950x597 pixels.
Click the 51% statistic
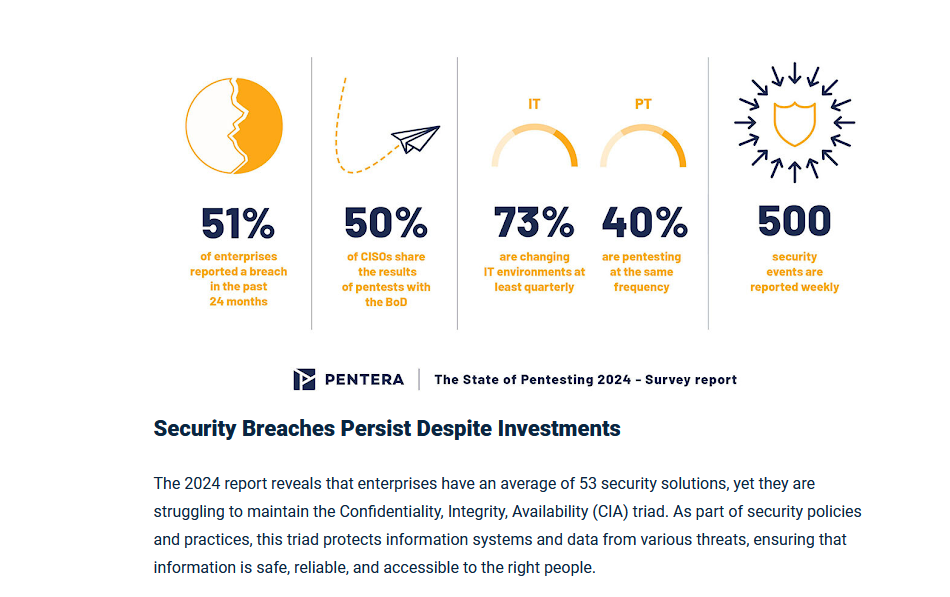pyautogui.click(x=237, y=223)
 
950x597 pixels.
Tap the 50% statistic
pyautogui.click(x=385, y=223)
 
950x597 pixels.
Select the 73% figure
pyautogui.click(x=534, y=223)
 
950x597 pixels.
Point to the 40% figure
pyautogui.click(x=644, y=223)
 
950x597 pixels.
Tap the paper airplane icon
pyautogui.click(x=415, y=138)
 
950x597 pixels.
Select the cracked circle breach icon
pyautogui.click(x=234, y=126)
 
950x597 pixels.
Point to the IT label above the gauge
pyautogui.click(x=534, y=104)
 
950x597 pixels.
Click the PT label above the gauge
pyautogui.click(x=643, y=104)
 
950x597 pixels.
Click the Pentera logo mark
pyautogui.click(x=304, y=379)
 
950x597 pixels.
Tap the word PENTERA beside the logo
pyautogui.click(x=364, y=380)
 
